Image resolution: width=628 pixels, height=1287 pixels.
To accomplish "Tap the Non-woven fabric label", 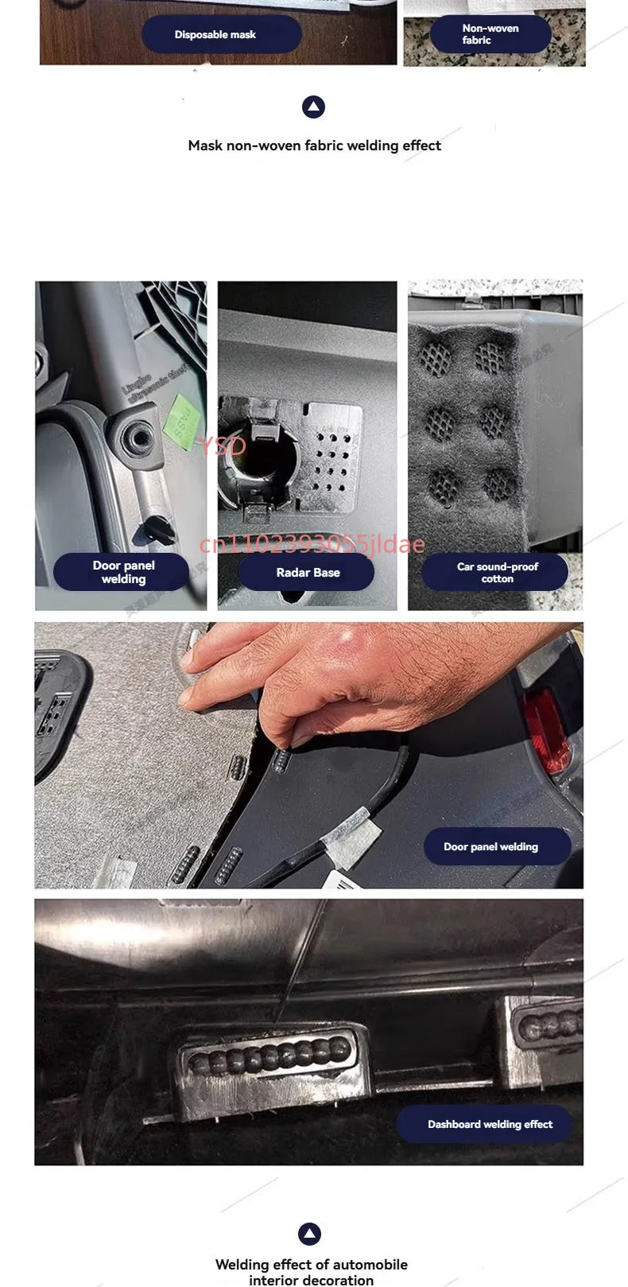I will pyautogui.click(x=490, y=34).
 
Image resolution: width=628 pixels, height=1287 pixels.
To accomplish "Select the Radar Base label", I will pyautogui.click(x=307, y=573).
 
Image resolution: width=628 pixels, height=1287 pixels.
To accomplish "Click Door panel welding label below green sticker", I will pyautogui.click(x=122, y=573).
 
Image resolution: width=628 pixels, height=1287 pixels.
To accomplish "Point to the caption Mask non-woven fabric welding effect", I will pyautogui.click(x=314, y=146).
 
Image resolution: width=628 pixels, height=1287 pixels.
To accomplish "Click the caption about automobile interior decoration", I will pyautogui.click(x=311, y=1271).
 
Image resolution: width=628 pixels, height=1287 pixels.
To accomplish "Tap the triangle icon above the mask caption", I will pyautogui.click(x=314, y=107).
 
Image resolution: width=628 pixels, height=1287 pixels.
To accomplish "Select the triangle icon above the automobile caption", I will pyautogui.click(x=309, y=1234).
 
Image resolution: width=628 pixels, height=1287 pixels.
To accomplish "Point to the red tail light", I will pyautogui.click(x=546, y=730).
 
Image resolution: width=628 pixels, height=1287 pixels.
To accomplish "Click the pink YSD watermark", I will pyautogui.click(x=223, y=446).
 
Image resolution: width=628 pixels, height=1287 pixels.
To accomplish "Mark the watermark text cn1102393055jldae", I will pyautogui.click(x=312, y=544).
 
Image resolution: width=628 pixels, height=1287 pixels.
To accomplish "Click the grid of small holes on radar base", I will pyautogui.click(x=330, y=465).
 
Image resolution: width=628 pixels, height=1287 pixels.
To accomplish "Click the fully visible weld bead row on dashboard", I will pyautogui.click(x=270, y=1059).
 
